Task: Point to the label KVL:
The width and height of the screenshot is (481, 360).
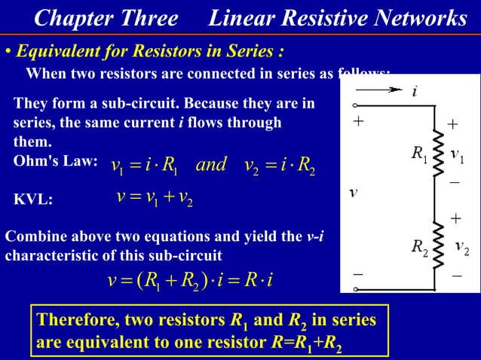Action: coord(34,200)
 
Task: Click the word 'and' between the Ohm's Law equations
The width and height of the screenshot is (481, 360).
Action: coord(210,164)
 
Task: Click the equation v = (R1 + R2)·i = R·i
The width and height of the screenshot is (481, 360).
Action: coord(189,281)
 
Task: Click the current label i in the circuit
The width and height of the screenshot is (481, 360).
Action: coord(414,93)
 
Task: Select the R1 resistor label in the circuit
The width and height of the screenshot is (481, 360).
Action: coord(419,154)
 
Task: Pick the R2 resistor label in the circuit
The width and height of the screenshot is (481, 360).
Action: coord(419,246)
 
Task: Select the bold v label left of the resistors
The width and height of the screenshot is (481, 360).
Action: coord(353,192)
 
